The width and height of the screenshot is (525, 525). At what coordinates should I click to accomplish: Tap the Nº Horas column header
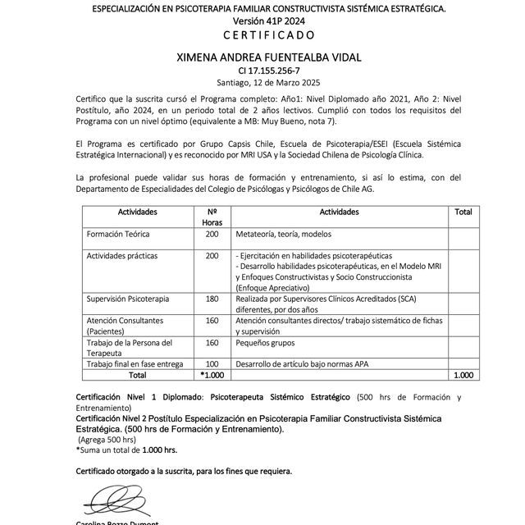(x=212, y=217)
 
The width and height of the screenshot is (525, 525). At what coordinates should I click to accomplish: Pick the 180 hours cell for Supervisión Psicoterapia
(x=212, y=299)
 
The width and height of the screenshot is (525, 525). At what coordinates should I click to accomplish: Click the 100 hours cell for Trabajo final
(x=212, y=363)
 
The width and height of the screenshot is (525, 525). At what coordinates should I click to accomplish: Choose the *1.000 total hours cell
(x=212, y=374)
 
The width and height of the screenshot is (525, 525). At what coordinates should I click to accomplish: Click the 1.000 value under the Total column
(x=463, y=374)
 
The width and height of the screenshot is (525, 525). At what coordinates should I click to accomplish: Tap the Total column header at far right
(x=463, y=212)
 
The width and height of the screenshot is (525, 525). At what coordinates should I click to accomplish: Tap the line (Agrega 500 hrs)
(x=107, y=440)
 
